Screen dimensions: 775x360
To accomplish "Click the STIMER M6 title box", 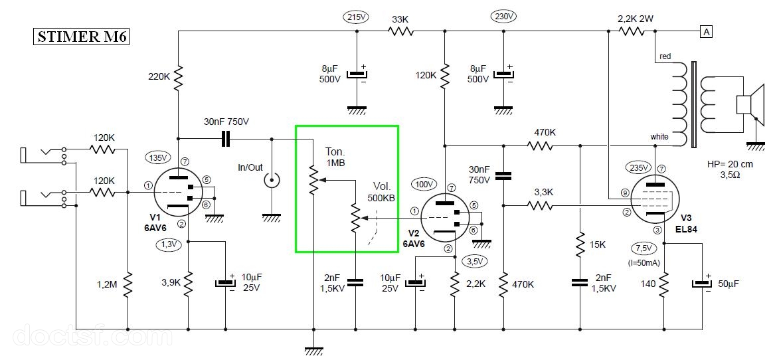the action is [81, 37].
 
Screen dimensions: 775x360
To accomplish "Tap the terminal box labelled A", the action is [707, 32].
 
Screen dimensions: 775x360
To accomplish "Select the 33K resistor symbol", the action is [400, 31].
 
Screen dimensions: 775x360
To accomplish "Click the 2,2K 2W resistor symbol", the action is [632, 31].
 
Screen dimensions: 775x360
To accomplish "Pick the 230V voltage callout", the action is [503, 17].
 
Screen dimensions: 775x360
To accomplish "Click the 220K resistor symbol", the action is [178, 78].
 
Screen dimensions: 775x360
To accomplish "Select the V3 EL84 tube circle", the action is [653, 198].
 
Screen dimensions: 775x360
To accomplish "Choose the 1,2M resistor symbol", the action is [128, 284].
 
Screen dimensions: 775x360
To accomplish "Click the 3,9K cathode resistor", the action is [189, 284].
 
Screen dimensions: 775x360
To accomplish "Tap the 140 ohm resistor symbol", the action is [664, 284].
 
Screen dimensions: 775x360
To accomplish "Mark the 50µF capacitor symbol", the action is [703, 284].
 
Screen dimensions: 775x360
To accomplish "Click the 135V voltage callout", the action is [157, 158].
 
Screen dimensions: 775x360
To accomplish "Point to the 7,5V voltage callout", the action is [645, 247].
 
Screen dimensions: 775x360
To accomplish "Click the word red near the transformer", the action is [665, 56].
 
